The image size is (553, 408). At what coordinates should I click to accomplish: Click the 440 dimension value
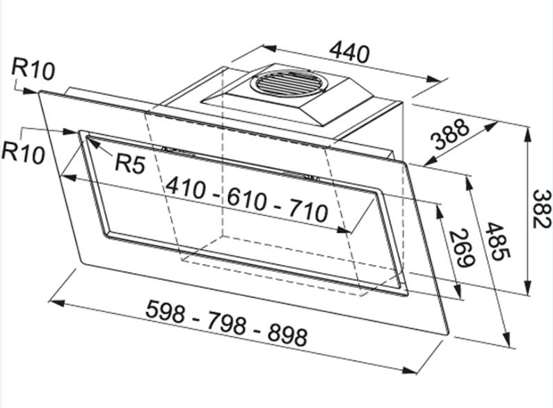pyautogui.click(x=349, y=52)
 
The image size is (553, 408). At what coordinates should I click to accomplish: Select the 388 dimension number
pyautogui.click(x=451, y=134)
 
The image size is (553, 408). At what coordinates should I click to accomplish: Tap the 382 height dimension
pyautogui.click(x=541, y=209)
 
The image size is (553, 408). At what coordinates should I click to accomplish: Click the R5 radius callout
pyautogui.click(x=130, y=163)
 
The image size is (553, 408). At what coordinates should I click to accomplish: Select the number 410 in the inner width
pyautogui.click(x=186, y=188)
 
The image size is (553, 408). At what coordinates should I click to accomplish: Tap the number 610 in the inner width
pyautogui.click(x=246, y=199)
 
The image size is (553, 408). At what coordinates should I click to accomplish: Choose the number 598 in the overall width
pyautogui.click(x=166, y=311)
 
